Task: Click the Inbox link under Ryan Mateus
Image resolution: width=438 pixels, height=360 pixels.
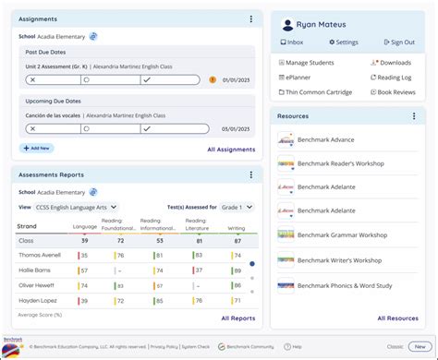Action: tap(292, 42)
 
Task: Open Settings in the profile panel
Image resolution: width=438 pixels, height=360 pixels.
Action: tap(343, 42)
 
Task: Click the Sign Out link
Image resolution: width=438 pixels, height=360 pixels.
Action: tap(398, 42)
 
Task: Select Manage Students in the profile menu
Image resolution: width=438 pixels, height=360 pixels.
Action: tap(310, 63)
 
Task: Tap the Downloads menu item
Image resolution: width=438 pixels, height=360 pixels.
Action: tap(395, 63)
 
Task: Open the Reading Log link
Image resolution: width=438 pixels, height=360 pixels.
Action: tap(395, 78)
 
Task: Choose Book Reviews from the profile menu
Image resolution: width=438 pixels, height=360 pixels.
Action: tap(395, 92)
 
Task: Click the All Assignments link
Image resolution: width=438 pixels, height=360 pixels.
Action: tap(231, 148)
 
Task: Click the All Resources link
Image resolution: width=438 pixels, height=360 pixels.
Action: tap(398, 318)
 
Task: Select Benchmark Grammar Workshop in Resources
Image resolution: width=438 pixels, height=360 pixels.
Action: tap(341, 235)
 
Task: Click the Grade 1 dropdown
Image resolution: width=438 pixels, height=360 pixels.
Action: tap(237, 208)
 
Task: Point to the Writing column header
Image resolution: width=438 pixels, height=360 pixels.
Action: tap(237, 227)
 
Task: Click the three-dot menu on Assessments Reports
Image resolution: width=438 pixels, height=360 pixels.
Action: tap(250, 174)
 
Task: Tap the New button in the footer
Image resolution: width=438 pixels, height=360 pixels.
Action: tap(420, 346)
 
